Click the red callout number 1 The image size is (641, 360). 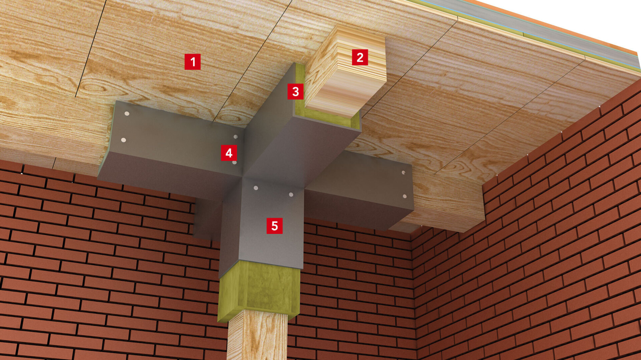193,62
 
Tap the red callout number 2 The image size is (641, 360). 360,57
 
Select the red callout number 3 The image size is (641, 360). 295,91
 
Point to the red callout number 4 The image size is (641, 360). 229,153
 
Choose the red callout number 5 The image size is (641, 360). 274,226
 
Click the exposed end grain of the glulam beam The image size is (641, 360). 346,72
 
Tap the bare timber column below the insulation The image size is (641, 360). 257,335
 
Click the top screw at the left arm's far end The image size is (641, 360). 127,114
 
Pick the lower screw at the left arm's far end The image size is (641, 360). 124,140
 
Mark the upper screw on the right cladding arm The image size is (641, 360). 403,173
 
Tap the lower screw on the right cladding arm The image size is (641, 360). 405,197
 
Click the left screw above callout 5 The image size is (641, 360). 256,188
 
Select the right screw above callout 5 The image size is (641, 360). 291,195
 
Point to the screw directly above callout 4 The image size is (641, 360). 235,137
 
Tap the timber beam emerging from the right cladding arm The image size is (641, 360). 444,207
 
